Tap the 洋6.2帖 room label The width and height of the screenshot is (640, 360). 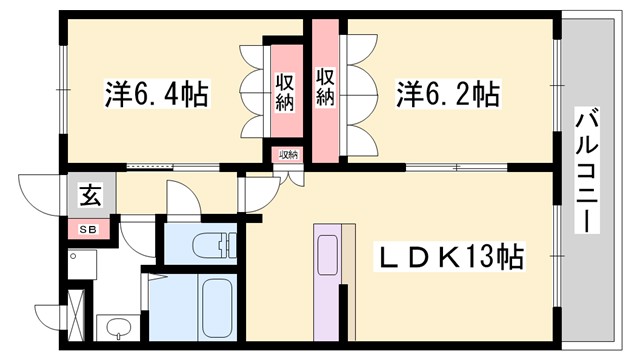point(447,95)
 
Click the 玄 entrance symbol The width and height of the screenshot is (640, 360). point(90,196)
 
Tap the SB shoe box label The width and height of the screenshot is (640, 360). point(90,229)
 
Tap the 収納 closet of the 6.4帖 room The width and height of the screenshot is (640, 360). point(284,91)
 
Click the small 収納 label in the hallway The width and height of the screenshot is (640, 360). point(288,155)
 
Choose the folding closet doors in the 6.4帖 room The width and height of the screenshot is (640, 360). point(251,91)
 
